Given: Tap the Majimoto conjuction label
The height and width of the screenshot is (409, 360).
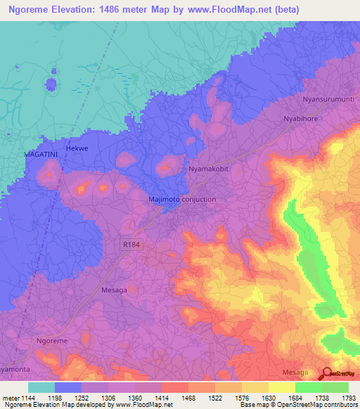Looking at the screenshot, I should [182, 200].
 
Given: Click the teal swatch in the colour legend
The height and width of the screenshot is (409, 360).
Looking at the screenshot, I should [41, 387].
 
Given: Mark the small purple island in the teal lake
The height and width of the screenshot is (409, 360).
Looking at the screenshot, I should [51, 84].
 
